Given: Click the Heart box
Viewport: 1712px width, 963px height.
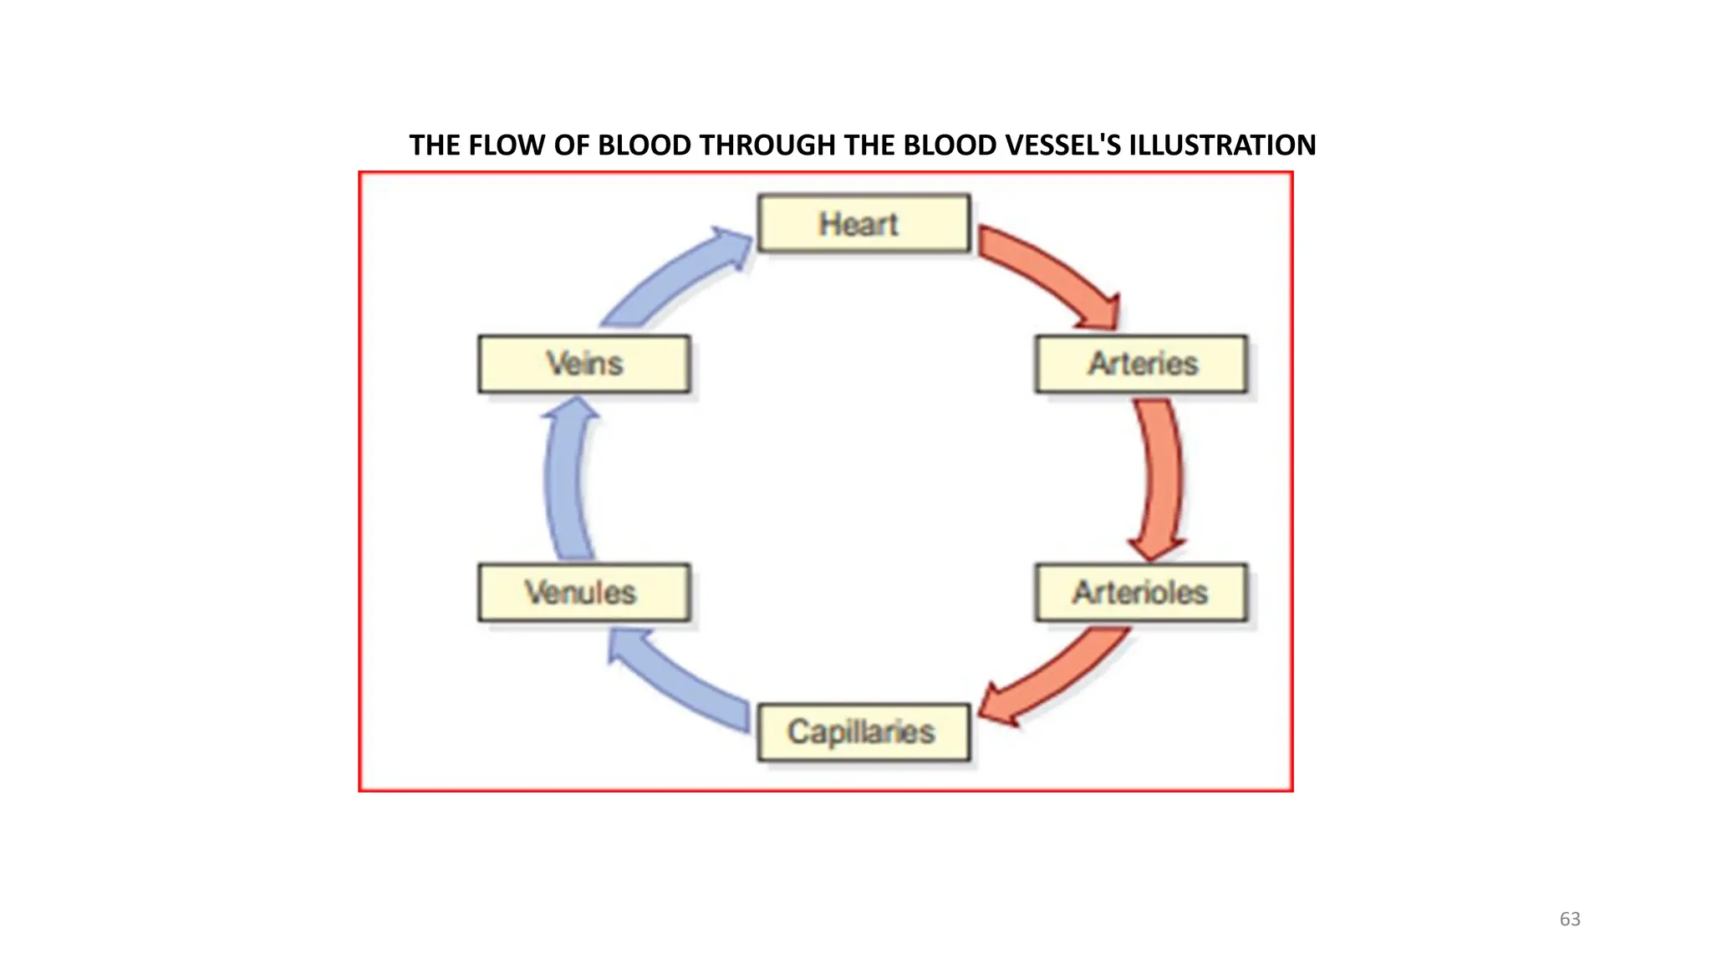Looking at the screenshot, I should click(x=864, y=223).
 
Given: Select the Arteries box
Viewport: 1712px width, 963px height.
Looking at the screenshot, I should click(x=1141, y=364).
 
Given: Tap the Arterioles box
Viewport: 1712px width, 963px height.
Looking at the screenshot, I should click(x=1141, y=592).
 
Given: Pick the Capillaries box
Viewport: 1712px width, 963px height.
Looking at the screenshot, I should click(x=864, y=732).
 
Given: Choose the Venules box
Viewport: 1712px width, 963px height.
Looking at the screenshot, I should click(x=583, y=592).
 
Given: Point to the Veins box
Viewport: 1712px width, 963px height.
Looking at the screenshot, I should click(x=583, y=364).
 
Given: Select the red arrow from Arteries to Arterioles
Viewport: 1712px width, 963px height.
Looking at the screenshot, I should click(x=1162, y=476).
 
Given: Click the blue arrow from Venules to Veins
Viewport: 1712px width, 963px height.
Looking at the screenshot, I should click(x=563, y=481).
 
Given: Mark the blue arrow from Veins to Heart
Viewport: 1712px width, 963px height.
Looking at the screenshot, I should click(x=669, y=280).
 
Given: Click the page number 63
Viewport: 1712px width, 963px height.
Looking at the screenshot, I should click(x=1570, y=919).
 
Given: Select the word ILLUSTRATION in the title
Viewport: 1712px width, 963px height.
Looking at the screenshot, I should click(x=1222, y=145).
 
